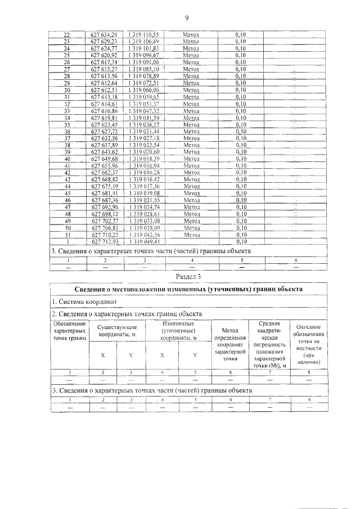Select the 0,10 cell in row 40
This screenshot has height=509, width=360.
click(241, 159)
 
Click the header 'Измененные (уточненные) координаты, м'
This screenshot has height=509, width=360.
click(178, 330)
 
